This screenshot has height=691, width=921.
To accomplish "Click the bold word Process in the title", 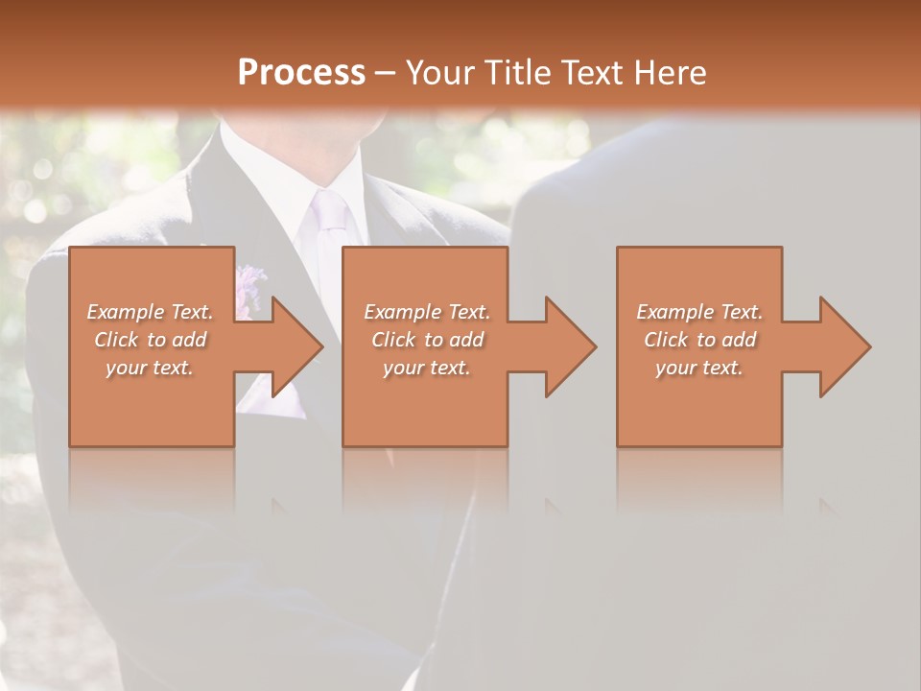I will [301, 73].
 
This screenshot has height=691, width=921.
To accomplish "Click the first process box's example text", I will [151, 340].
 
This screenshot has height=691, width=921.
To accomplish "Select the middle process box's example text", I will [427, 340].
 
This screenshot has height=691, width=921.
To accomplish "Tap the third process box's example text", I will [699, 340].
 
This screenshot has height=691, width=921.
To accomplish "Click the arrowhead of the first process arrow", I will [296, 346].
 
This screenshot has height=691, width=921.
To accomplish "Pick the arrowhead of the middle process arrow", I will [570, 346].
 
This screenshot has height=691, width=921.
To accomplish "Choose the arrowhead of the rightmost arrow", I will [844, 346].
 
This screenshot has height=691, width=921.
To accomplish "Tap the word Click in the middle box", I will [391, 340].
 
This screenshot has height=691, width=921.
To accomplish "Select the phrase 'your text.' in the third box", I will [699, 368].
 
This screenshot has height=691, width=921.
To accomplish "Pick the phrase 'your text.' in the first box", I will [151, 368].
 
